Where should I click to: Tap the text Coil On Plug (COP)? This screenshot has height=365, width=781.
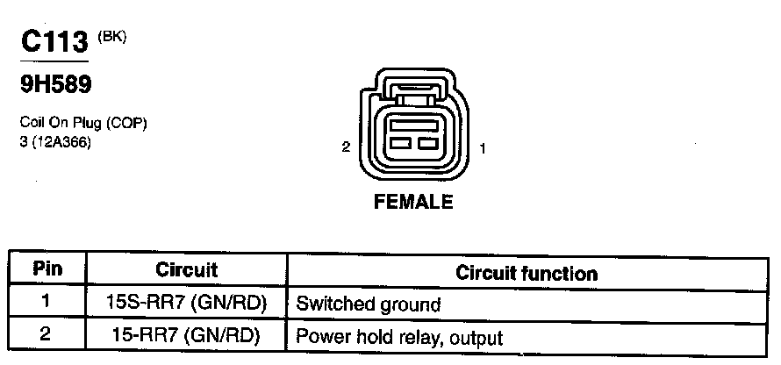82,124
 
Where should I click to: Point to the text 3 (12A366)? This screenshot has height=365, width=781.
54,141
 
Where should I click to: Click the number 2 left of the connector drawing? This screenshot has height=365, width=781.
347,148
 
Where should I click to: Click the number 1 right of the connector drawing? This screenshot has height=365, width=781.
484,149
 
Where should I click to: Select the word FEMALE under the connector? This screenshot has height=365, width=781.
413,203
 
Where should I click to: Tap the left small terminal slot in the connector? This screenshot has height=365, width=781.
401,143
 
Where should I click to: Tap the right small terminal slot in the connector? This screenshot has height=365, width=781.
427,143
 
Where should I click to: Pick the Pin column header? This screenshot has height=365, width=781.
47,270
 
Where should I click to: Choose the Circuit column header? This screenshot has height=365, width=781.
186,270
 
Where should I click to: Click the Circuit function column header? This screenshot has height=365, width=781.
527,273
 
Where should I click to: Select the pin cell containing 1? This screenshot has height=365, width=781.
47,304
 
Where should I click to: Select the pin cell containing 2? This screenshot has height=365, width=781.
47,335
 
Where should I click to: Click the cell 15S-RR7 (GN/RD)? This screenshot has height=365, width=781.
186,304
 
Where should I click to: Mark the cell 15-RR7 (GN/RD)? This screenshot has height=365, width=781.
186,336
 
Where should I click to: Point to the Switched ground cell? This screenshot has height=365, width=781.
369,304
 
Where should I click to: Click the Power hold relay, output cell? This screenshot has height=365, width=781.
399,336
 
